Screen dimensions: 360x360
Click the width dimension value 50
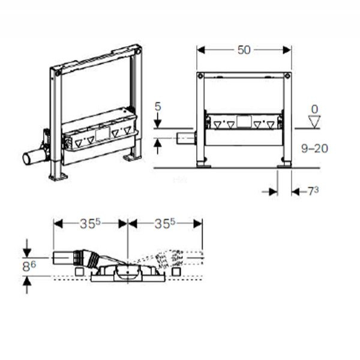[244, 50]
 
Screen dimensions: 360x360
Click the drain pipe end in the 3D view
[28, 158]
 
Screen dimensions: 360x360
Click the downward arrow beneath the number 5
[158, 124]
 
